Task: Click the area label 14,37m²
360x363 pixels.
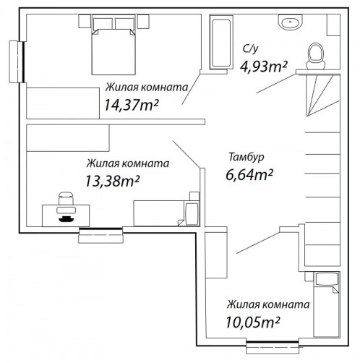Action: (132, 105)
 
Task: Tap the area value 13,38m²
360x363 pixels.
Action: (113, 181)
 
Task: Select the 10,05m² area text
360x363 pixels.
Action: (253, 322)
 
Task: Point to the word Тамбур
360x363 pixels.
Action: (247, 157)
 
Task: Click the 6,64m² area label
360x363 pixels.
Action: (249, 174)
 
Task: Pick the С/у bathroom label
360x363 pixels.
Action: (251, 48)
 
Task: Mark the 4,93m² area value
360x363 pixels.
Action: (264, 67)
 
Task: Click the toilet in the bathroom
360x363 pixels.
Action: (316, 56)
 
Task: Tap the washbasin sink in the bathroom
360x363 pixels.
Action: (290, 22)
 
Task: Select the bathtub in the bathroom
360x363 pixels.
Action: (221, 43)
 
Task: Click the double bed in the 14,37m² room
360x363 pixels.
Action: (113, 45)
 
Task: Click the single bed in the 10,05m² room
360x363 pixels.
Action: (326, 304)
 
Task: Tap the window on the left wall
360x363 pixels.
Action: (17, 62)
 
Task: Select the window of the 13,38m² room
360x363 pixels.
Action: (101, 235)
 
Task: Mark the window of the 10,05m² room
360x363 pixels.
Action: (273, 347)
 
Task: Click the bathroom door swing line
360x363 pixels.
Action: (276, 83)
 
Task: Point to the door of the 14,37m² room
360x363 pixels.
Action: (192, 89)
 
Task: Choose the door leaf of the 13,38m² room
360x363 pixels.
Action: (187, 154)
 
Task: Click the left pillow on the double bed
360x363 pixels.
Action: (103, 24)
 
